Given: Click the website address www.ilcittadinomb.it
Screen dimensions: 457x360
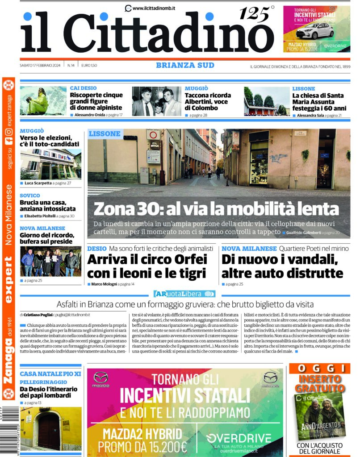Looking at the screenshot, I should tap(154, 8).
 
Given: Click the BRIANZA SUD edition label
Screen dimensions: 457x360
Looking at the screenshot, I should tap(185, 65).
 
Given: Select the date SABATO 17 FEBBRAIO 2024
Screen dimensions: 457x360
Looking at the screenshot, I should tap(41, 66).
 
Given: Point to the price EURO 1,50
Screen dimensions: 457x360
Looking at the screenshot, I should tap(89, 66).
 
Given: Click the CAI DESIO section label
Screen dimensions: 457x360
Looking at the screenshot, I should tap(83, 88).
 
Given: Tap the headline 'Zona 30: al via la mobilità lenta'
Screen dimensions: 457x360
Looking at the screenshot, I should tap(217, 209).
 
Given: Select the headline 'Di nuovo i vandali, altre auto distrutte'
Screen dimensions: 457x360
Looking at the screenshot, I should tap(282, 266).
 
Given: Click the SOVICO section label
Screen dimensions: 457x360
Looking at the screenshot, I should tap(30, 195).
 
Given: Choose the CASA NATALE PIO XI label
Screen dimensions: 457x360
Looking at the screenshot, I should tap(50, 374).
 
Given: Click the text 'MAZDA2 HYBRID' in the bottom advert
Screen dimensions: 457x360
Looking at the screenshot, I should tap(142, 434).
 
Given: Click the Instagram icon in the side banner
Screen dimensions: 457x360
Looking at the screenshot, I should tap(8, 132).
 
